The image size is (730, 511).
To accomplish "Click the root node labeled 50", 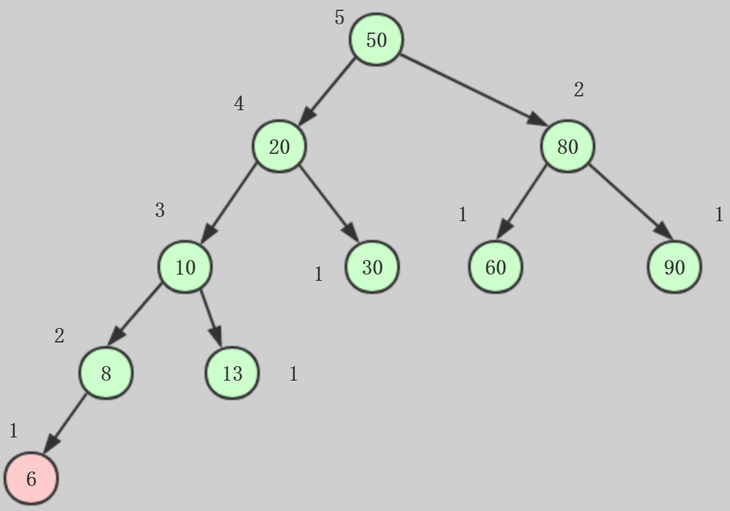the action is pyautogui.click(x=376, y=40).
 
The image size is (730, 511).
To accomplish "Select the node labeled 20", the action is pyautogui.click(x=279, y=146).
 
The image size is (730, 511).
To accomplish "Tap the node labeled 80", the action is pyautogui.click(x=568, y=146).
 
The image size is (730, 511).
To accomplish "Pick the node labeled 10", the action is pyautogui.click(x=185, y=267).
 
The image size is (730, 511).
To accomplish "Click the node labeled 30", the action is pyautogui.click(x=372, y=267).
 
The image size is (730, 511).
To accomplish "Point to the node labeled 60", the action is pyautogui.click(x=496, y=267).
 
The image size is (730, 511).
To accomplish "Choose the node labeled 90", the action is pyautogui.click(x=675, y=267).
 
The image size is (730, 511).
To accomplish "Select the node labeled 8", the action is pyautogui.click(x=105, y=374).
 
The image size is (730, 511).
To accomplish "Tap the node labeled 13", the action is pyautogui.click(x=232, y=374).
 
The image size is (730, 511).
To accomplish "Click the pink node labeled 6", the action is pyautogui.click(x=31, y=478).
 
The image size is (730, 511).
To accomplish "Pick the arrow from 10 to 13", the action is pyautogui.click(x=211, y=318).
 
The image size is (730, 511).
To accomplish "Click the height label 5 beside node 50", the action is pyautogui.click(x=339, y=17).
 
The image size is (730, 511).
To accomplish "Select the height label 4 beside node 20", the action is pyautogui.click(x=239, y=104).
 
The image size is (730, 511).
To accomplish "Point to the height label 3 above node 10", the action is pyautogui.click(x=160, y=210).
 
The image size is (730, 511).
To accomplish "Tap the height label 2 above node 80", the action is pyautogui.click(x=579, y=89).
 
